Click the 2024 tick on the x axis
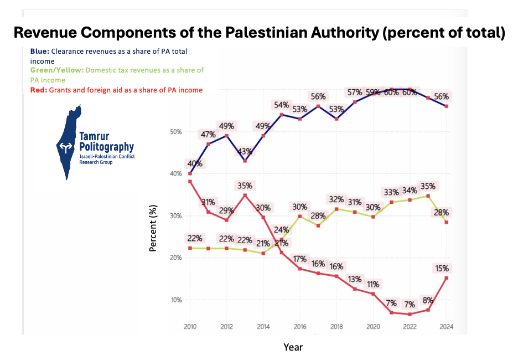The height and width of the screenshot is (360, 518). pos(446,326)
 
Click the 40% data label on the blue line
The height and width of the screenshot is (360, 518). pos(195,164)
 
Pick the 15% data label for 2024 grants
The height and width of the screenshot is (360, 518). pos(442,269)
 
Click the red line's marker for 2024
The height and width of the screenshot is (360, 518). pos(446,278)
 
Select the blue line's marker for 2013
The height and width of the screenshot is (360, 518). pos(245,161)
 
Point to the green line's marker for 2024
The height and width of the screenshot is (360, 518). pos(446,222)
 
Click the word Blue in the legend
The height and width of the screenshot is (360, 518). pos(39,51)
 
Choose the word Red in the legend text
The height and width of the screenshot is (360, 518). pos(38,90)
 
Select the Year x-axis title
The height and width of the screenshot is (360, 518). pos(293,347)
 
